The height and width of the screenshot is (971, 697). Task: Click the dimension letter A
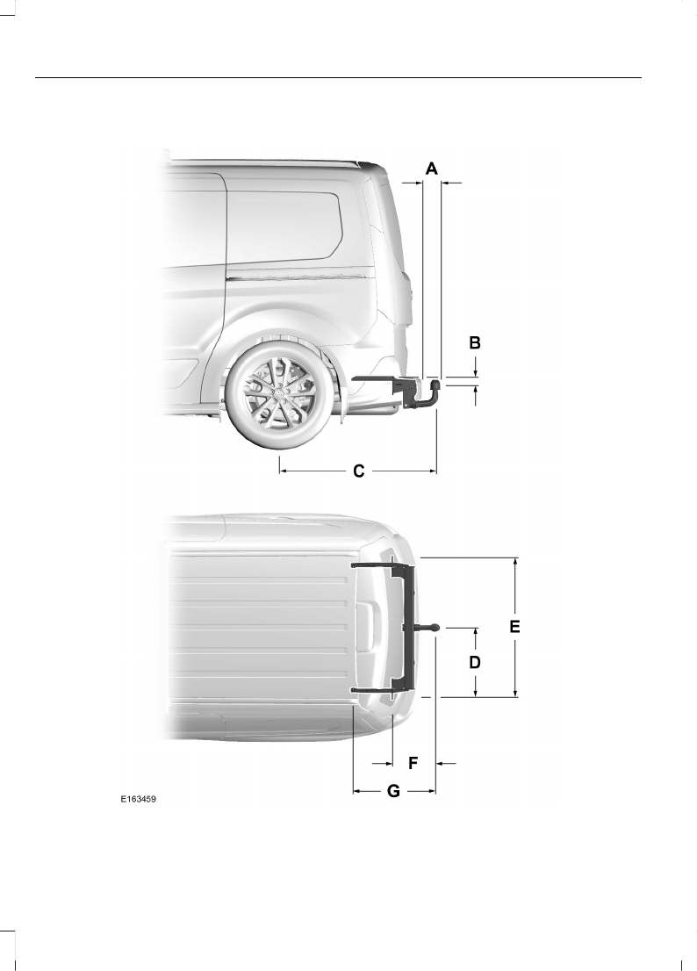[x=431, y=168]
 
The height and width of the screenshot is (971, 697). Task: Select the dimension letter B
[x=475, y=342]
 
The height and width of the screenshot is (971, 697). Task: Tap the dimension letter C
[x=358, y=471]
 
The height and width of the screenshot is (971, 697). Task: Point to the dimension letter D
[x=475, y=663]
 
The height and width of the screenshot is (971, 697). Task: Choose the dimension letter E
[x=515, y=627]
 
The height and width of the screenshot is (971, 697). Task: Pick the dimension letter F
[x=413, y=764]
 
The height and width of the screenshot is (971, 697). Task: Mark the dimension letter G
[x=393, y=791]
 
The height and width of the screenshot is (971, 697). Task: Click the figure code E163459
[x=138, y=799]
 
